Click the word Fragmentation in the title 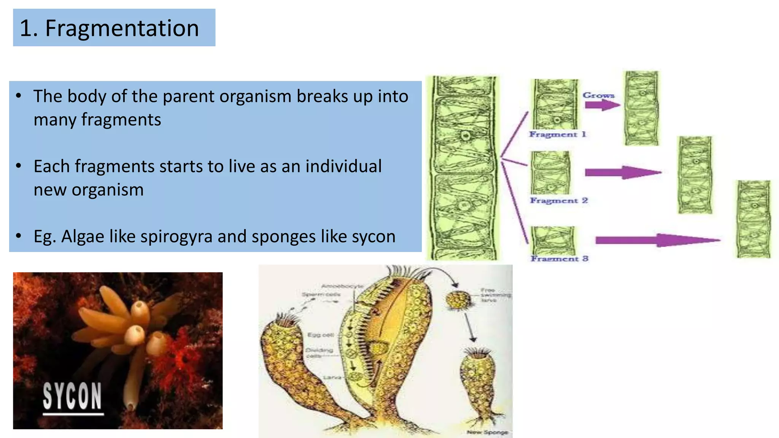pyautogui.click(x=122, y=28)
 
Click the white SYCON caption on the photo pyautogui.click(x=72, y=396)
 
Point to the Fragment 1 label pyautogui.click(x=558, y=134)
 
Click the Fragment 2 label pyautogui.click(x=559, y=200)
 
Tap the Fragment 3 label pyautogui.click(x=560, y=259)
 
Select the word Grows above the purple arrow pyautogui.click(x=598, y=95)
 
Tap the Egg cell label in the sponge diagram pyautogui.click(x=320, y=335)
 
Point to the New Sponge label pyautogui.click(x=487, y=432)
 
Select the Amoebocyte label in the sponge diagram pyautogui.click(x=342, y=286)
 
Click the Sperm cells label pyautogui.click(x=321, y=294)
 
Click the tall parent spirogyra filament pyautogui.click(x=463, y=167)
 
